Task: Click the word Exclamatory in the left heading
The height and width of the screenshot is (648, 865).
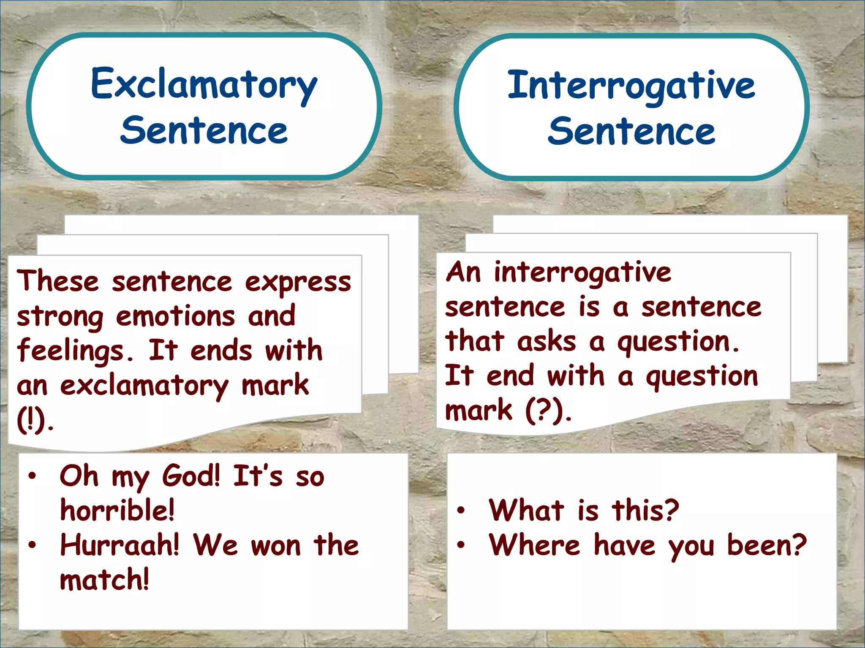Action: point(204,86)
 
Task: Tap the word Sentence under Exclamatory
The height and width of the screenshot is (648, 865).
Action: point(204,131)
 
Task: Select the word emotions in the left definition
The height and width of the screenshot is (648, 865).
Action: point(175,316)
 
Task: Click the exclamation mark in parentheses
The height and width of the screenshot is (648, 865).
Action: point(31,421)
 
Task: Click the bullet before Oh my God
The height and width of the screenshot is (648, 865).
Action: point(32,476)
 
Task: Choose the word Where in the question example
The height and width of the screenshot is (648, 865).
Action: point(535,545)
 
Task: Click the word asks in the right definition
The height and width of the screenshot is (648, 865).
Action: point(547,341)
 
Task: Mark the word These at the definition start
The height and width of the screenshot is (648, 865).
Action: point(57,281)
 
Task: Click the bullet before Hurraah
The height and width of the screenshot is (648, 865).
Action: point(32,545)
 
